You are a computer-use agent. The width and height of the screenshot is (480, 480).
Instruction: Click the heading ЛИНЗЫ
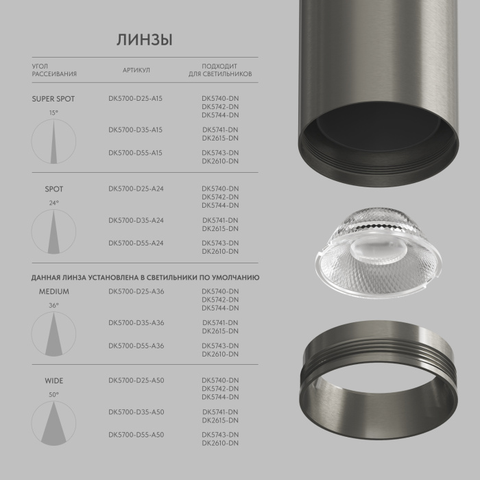click(x=144, y=40)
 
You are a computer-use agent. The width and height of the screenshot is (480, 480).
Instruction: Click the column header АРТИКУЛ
click(x=136, y=70)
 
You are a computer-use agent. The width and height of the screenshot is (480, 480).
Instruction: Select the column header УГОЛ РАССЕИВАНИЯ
click(x=54, y=70)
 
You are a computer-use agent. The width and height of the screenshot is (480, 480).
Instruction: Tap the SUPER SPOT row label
click(x=53, y=99)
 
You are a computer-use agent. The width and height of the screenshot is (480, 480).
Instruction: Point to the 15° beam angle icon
click(x=53, y=141)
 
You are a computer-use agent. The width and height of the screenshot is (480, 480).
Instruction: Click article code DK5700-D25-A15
click(x=136, y=99)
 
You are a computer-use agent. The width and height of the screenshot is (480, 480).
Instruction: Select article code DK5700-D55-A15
click(x=136, y=152)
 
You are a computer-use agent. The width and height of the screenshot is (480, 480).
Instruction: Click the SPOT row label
click(x=53, y=189)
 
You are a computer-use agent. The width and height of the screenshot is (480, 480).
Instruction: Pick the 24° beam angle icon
click(x=53, y=230)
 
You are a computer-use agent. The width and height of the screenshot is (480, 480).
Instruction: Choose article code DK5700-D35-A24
click(x=136, y=220)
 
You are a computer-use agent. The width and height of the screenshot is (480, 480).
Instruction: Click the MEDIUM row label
click(x=53, y=291)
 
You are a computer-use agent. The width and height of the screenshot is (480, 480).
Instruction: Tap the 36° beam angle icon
click(x=53, y=333)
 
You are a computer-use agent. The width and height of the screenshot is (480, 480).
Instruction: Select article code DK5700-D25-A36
click(x=136, y=291)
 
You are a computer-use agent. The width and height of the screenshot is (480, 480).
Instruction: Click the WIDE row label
click(x=53, y=380)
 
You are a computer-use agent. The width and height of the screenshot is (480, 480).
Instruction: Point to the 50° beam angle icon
click(x=53, y=422)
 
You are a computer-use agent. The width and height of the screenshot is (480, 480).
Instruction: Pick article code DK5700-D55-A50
click(x=136, y=435)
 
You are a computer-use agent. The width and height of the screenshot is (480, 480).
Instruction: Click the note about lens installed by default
click(x=145, y=277)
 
